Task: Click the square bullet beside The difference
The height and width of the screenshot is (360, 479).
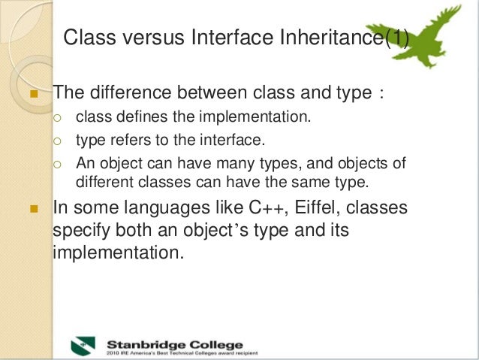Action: pos(32,95)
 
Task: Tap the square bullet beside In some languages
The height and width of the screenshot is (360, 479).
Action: pos(32,207)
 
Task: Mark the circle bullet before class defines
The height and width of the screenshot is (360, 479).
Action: pos(59,118)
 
